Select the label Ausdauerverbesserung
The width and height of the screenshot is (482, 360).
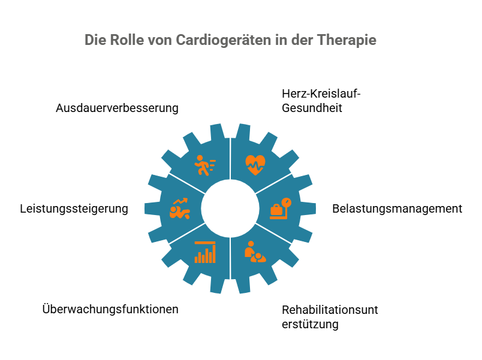[117, 108]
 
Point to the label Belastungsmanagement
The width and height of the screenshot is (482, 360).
[397, 209]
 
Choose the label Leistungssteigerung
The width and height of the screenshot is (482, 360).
[74, 209]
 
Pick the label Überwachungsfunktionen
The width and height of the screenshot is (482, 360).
[110, 310]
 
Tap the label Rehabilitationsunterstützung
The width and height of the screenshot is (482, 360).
[330, 317]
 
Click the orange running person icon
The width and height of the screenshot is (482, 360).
[204, 165]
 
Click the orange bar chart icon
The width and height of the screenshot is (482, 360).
[204, 252]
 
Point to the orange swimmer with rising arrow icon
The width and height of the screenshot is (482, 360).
[179, 208]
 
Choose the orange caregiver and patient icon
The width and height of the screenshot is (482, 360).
[255, 252]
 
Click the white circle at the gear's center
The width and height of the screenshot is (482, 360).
[230, 208]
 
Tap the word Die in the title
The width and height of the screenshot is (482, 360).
[95, 41]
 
